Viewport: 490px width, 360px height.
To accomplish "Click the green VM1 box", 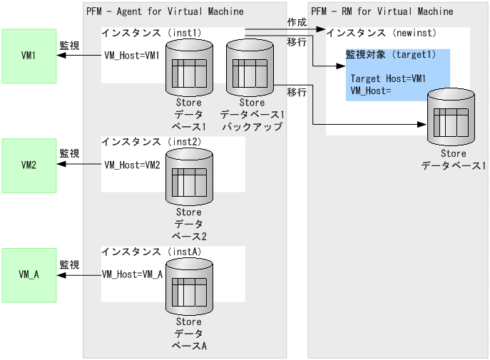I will [29, 56].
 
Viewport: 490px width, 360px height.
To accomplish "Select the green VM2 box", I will [29, 165].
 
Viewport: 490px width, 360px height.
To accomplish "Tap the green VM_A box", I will [29, 274].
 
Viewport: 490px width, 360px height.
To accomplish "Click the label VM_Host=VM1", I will [132, 56].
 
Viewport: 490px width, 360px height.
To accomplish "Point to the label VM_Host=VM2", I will [132, 165].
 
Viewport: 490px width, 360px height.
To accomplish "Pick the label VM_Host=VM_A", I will [132, 274].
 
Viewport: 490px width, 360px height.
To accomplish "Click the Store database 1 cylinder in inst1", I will [188, 68].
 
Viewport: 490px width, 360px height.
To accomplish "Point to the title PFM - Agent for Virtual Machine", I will [165, 11].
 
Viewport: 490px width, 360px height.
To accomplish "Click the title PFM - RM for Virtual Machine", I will [382, 11].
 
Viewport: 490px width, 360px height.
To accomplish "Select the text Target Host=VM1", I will [388, 78].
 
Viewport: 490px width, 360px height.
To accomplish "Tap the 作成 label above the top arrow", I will [297, 22].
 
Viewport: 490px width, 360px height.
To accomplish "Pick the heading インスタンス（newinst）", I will [381, 33].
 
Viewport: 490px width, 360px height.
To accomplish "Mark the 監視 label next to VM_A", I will [69, 263].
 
